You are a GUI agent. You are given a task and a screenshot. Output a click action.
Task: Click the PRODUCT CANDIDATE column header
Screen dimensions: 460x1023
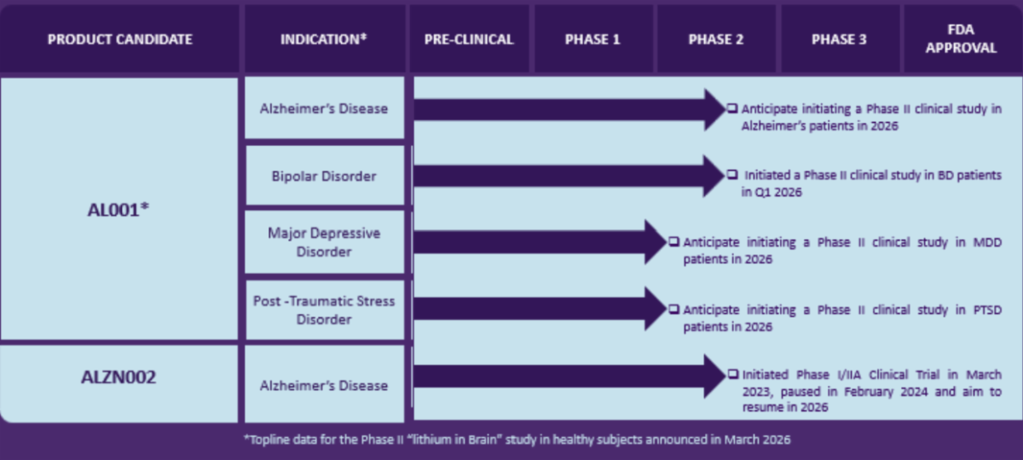(x=119, y=39)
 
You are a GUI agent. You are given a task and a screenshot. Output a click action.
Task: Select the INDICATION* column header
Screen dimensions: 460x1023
(x=324, y=39)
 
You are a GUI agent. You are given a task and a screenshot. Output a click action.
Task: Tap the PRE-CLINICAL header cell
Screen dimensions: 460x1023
(x=469, y=39)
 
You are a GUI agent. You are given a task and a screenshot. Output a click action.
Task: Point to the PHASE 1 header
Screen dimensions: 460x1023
(x=592, y=39)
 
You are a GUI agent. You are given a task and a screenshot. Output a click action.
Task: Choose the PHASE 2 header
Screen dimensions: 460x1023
(x=716, y=39)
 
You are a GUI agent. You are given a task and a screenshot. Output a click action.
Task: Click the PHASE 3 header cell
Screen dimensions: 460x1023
(x=839, y=39)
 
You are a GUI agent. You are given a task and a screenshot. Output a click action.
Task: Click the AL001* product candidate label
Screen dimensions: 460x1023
(x=119, y=210)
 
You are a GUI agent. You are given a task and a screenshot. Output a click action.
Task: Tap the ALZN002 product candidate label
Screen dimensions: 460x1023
(x=119, y=377)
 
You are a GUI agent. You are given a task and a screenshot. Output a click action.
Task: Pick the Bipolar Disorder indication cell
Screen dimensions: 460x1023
(x=324, y=176)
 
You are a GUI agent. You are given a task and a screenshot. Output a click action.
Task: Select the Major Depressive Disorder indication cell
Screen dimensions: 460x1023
(x=324, y=242)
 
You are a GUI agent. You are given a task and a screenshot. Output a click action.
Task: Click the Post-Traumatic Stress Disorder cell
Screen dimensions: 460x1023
(x=324, y=311)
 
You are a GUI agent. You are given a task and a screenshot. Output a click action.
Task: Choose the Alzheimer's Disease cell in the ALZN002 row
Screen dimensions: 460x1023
(x=324, y=385)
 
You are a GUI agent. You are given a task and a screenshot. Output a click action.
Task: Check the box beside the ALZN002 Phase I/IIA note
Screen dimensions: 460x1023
(x=733, y=375)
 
